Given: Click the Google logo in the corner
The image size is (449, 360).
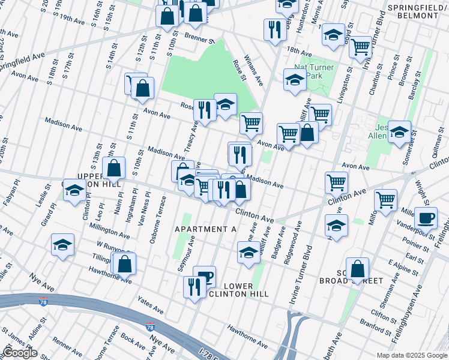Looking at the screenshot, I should point(20,353).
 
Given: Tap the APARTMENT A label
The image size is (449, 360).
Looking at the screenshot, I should point(206,229).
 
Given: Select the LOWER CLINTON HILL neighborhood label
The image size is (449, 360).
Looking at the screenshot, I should point(238,290).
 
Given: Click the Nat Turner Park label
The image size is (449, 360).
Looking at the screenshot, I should point(310,72).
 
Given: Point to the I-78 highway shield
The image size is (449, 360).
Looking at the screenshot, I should point(149,327).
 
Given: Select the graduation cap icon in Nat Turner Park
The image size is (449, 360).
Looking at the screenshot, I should point(295,80).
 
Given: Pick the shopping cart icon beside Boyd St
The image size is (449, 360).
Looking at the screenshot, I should point(360,47).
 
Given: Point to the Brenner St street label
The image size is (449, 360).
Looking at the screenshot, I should point(200,40).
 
